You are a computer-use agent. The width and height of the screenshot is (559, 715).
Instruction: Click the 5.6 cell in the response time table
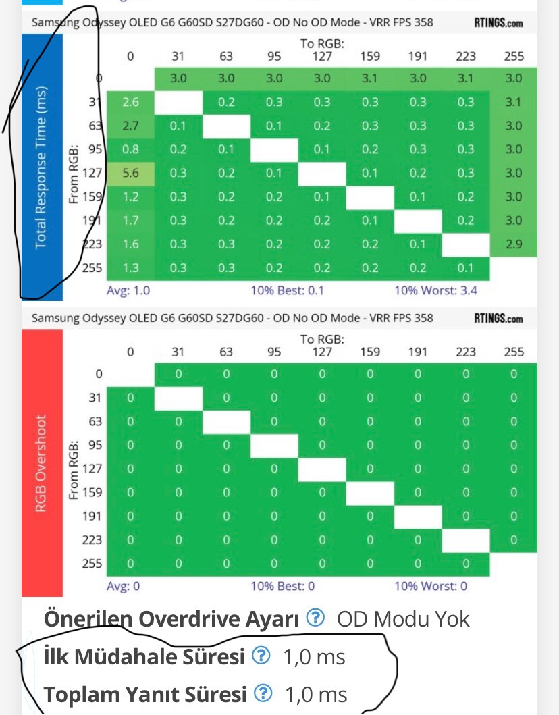130,173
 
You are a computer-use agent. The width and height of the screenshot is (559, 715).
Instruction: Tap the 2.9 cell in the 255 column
514,244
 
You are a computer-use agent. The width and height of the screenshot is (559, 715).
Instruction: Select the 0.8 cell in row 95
130,149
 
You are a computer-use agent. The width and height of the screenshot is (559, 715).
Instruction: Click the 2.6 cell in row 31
130,102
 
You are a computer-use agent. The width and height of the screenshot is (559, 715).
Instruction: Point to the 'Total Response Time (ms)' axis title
42,167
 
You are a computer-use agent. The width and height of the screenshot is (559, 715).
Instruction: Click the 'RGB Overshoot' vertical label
42,463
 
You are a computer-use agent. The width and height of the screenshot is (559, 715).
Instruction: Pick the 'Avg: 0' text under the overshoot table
124,586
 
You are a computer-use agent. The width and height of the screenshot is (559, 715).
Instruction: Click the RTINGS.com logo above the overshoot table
498,318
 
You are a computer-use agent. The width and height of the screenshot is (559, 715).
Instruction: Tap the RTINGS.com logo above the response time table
498,22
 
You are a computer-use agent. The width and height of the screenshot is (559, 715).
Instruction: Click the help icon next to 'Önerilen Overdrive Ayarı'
315,618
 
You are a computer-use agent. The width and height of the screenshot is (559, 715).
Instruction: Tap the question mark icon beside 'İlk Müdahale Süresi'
261,656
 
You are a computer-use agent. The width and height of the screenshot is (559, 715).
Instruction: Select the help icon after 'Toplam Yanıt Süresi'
264,693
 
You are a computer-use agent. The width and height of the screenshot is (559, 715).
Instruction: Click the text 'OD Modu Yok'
403,618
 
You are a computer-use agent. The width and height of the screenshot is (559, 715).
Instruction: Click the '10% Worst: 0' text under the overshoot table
431,586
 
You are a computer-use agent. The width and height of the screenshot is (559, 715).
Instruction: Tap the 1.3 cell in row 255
130,268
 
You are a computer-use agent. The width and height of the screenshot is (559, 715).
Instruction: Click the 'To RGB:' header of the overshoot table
322,340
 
